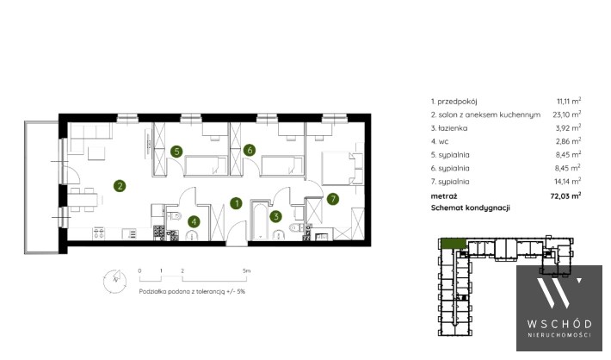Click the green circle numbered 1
[236, 203]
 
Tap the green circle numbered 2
[120, 186]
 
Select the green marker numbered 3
[276, 216]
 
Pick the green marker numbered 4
[194, 222]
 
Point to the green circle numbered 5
[176, 152]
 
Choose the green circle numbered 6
[250, 150]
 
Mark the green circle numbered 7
[332, 199]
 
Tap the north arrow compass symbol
[114, 281]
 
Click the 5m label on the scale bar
[246, 270]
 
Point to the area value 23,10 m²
[567, 115]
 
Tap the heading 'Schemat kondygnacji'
[471, 208]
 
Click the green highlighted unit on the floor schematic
[454, 244]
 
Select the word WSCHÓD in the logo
[559, 324]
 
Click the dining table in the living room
[83, 200]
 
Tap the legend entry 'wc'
[443, 141]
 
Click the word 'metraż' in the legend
[444, 196]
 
